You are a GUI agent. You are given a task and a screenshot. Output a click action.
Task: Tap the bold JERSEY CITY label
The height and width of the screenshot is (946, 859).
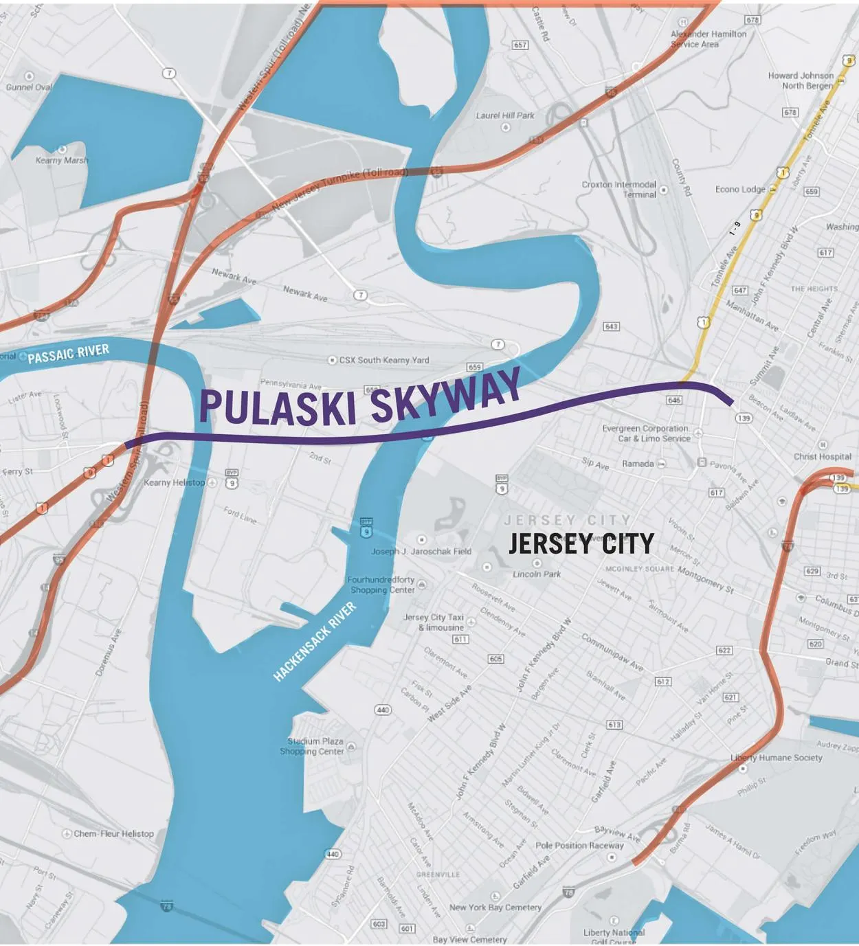pos(581,544)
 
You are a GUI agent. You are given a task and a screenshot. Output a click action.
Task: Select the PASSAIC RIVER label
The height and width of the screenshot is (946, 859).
pos(68,354)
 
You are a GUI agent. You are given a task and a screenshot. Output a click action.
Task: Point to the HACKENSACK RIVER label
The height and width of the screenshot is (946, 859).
pos(315,642)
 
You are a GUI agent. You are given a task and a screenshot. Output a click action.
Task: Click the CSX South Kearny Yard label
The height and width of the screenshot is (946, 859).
pos(383,360)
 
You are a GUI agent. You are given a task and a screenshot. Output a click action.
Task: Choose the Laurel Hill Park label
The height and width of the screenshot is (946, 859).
pos(505,115)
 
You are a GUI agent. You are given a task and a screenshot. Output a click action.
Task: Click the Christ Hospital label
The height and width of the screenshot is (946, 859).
pos(822,456)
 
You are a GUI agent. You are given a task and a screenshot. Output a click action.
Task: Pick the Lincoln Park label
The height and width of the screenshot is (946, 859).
pos(537,574)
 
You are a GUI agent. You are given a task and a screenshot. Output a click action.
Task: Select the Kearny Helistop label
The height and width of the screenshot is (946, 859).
pos(174,482)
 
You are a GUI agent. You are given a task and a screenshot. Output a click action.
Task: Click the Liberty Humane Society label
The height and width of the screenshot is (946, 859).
pos(776,758)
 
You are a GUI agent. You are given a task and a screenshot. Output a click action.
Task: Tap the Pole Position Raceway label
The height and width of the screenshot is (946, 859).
pos(579,846)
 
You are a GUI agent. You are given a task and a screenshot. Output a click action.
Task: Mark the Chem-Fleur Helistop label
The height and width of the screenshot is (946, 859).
pos(113,833)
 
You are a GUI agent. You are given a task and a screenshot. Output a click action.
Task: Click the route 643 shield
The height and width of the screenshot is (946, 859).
pos(611,326)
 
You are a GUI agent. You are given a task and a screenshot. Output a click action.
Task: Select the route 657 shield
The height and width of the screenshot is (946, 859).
pos(520,45)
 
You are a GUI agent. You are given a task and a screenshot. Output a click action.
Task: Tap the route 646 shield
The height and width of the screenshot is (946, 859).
pos(674,400)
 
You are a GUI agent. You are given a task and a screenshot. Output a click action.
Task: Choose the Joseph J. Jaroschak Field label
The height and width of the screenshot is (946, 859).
pos(421,551)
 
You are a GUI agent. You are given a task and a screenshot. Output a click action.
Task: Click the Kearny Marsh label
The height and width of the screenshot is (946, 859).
pos(62,160)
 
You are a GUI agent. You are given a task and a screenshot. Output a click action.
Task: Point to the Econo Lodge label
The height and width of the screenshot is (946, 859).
pos(740,189)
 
